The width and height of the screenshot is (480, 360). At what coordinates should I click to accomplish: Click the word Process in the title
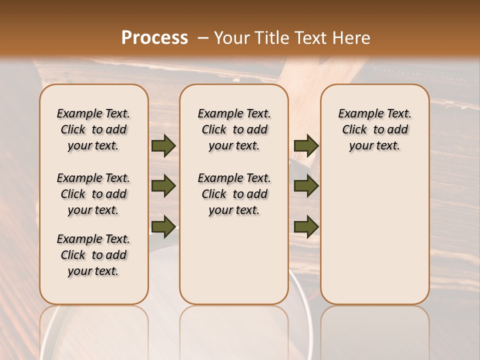coord(154,37)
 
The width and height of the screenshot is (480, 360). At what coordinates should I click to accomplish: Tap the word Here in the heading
coord(352,37)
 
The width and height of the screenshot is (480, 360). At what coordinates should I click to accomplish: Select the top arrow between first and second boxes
coord(163,146)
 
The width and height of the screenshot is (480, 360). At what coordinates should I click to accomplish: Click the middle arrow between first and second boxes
coord(163,186)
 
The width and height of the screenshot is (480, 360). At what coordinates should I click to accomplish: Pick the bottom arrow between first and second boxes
coord(163,226)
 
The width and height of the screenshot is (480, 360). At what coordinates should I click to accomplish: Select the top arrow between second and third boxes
coord(306,146)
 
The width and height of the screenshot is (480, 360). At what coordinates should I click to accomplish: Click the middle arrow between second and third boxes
coord(306,186)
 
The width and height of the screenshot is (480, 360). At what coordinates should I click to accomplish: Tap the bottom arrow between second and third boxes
coord(306,226)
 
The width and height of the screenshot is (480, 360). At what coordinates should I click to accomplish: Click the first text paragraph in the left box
coord(93,129)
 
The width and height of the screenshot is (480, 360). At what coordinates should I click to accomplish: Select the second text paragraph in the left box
coord(93,194)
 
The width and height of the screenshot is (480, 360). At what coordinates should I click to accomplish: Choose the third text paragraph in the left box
coord(93,255)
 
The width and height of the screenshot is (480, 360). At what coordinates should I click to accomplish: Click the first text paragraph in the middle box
coord(234,129)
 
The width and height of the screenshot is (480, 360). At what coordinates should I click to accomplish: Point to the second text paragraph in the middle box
coord(234,194)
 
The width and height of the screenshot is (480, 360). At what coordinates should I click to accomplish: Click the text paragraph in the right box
coord(374,129)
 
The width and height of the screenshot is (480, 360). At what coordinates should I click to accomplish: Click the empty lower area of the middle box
coord(234,260)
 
